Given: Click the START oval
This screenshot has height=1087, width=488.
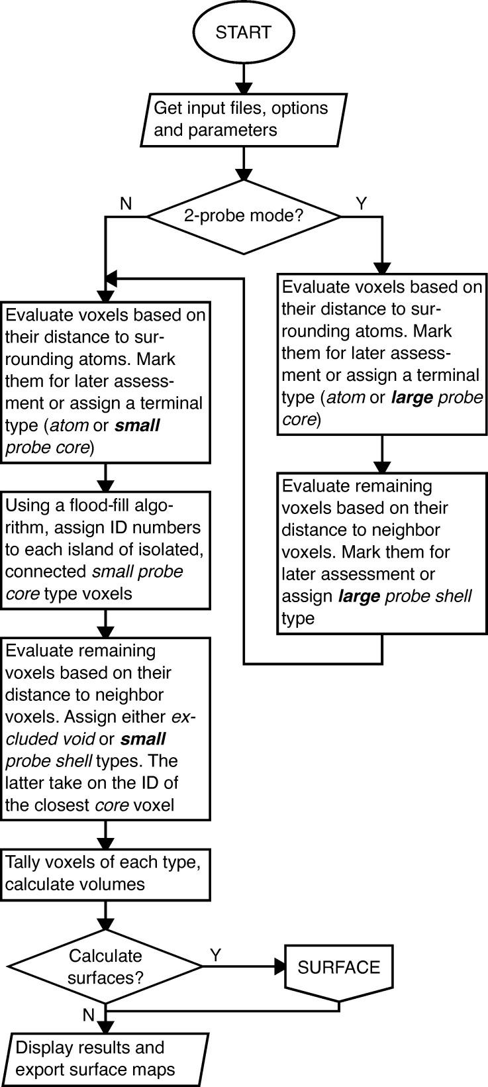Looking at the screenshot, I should coord(243,32).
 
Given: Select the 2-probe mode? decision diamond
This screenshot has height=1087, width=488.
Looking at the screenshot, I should coord(243,217).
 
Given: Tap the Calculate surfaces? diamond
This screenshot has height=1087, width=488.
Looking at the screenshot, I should coord(105,966).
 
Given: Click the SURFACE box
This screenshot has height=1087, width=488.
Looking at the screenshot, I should coord(338,967).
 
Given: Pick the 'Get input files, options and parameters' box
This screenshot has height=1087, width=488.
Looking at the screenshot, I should coord(243,119).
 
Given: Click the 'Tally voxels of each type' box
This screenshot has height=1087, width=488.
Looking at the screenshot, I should coord(105,873).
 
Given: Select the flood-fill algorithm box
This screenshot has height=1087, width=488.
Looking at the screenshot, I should coord(105,549).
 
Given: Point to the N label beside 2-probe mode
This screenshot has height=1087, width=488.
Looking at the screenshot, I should coord(126,204).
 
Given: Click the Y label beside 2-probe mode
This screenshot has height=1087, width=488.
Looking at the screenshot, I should coord(361,204).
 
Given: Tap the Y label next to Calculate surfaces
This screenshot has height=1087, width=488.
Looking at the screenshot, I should coord(215,955).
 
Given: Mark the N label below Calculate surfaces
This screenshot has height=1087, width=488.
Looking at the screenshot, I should coord(89,1015).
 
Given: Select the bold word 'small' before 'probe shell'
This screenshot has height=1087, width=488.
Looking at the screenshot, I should coord(143,739).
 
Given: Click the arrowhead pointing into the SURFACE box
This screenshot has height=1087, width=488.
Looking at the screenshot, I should coord(279,966).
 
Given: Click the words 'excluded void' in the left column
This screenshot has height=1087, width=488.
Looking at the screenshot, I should coord(99,727).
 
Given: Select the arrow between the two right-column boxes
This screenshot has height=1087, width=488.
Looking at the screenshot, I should coord(382,454).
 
